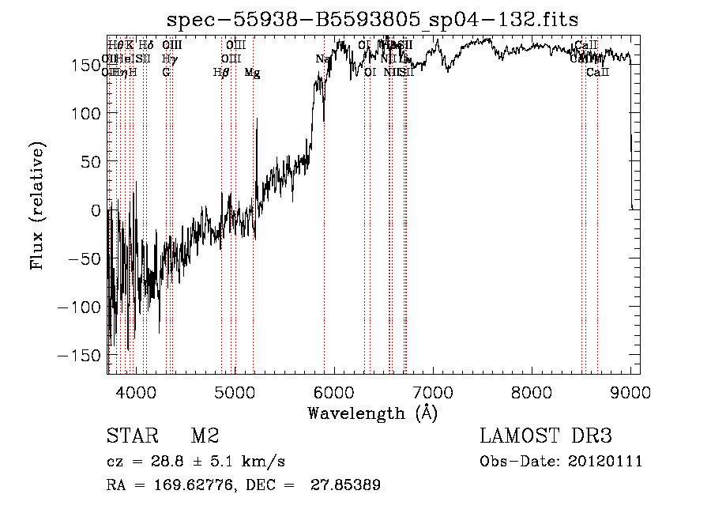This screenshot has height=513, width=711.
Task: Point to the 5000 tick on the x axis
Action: click(235, 393)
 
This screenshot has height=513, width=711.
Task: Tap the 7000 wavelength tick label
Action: click(433, 393)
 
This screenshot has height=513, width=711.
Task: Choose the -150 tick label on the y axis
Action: click(80, 356)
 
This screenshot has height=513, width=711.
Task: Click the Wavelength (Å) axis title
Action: click(373, 413)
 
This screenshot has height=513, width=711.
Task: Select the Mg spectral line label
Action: click(252, 73)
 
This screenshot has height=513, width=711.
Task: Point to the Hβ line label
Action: click(221, 73)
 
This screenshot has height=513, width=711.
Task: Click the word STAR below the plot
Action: click(131, 436)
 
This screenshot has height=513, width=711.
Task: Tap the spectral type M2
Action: click(205, 436)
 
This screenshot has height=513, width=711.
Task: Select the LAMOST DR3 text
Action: click(546, 436)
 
